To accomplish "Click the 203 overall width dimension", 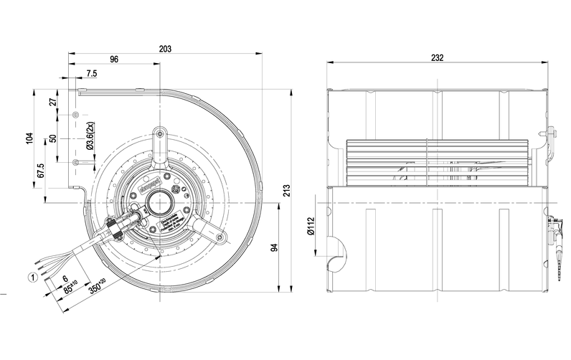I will point(166,49).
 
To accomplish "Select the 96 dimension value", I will point(114,60).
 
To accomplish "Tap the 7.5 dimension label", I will point(92,74).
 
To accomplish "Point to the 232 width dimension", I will point(438,58).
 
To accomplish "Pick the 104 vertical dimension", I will point(29,139).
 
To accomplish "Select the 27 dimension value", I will point(52,102).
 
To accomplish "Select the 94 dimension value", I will point(274,247).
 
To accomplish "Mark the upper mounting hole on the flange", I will point(77,115).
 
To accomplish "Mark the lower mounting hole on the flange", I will point(77,163).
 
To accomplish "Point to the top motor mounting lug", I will point(159,133).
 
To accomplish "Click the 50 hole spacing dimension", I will point(52,139).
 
